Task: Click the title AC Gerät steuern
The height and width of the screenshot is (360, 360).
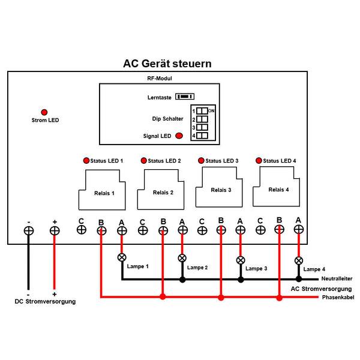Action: point(167,64)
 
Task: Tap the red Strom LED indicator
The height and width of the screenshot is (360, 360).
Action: point(44,112)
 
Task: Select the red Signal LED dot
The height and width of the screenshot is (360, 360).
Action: point(179,136)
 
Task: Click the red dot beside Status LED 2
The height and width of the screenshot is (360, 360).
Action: point(143,161)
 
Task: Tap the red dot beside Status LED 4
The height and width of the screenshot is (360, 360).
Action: point(259,161)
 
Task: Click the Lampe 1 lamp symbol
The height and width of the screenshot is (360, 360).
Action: point(122,257)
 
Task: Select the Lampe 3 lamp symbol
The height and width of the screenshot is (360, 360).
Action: point(240,260)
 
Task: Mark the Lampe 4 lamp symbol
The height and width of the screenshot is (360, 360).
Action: point(298,260)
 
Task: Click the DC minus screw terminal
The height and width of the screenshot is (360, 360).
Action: point(28,230)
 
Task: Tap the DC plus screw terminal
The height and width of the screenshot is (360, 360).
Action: point(55,230)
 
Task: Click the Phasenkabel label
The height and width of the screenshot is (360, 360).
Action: point(338,298)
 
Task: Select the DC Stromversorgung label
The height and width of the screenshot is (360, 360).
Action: point(45,302)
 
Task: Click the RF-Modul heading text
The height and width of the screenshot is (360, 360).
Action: point(159,79)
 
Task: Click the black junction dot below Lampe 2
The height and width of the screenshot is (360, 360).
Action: point(182,280)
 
